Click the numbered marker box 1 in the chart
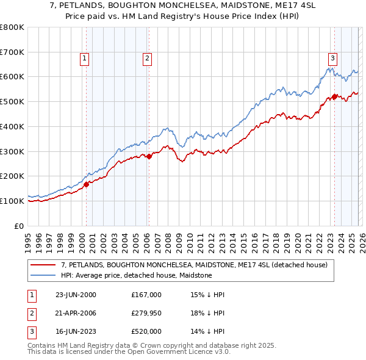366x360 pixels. (x=84, y=59)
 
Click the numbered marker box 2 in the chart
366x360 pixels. (x=148, y=59)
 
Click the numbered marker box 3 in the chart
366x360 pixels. (x=332, y=59)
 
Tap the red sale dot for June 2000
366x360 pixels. (x=87, y=184)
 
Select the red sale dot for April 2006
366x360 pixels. (x=149, y=156)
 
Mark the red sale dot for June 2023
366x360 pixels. (x=334, y=96)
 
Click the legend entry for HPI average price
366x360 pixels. (x=136, y=276)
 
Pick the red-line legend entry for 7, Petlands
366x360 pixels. (x=194, y=265)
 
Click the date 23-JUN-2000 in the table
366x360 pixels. (x=76, y=295)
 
